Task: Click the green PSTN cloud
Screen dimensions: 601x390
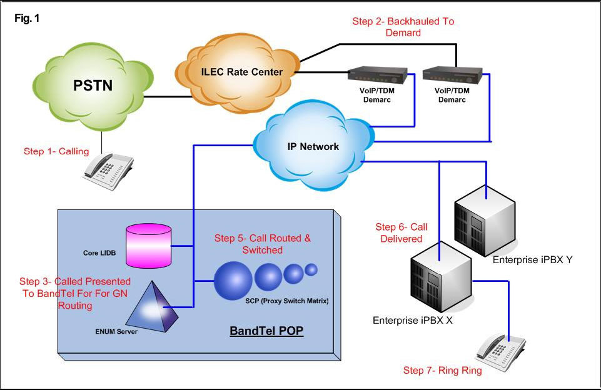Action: click(x=93, y=87)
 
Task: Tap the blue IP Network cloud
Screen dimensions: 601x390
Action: click(x=313, y=146)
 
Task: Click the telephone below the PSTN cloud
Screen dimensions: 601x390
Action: click(x=108, y=171)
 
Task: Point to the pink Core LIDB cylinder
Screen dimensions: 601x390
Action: click(x=149, y=246)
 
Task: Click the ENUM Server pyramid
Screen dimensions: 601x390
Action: click(x=152, y=307)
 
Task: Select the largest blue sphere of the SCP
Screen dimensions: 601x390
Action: click(x=233, y=281)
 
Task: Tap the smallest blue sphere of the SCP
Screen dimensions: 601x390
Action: click(x=311, y=270)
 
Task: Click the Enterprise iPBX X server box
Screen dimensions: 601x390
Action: click(x=441, y=277)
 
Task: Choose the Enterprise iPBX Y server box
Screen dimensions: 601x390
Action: click(x=485, y=221)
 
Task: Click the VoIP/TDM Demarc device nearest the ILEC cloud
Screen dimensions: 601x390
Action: click(x=377, y=75)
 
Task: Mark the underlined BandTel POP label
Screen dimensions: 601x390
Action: click(x=266, y=331)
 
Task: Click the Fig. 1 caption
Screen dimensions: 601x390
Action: click(x=27, y=18)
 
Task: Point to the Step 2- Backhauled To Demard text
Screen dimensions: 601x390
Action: click(x=403, y=27)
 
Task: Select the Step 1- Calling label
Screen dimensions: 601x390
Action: click(x=56, y=151)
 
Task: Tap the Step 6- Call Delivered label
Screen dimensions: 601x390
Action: click(x=402, y=233)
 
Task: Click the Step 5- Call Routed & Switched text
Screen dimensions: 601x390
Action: click(x=263, y=244)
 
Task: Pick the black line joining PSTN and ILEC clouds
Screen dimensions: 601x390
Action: click(x=168, y=96)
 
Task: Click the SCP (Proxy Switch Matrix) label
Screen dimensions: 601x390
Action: click(x=287, y=301)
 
